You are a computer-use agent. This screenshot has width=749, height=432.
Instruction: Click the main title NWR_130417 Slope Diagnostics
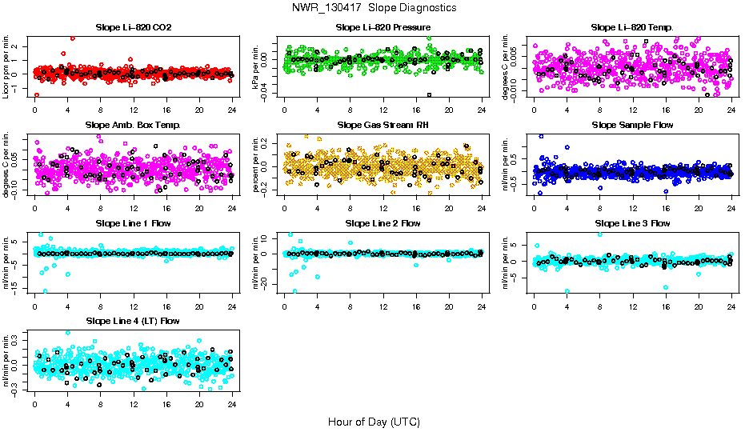[374, 7]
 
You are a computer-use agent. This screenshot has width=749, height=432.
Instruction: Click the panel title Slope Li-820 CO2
[133, 27]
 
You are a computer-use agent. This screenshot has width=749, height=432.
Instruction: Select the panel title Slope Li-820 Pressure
[383, 27]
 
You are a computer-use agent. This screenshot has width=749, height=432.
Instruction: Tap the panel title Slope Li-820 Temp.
[632, 27]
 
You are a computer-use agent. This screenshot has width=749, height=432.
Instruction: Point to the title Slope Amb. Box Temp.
[133, 125]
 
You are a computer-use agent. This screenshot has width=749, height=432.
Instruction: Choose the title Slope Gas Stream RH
[383, 125]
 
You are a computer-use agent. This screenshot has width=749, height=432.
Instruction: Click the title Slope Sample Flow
[632, 125]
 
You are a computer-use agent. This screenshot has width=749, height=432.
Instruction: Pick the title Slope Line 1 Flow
[133, 223]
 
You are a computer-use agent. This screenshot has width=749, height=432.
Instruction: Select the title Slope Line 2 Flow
[383, 223]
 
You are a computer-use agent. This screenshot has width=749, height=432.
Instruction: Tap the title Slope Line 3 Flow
[632, 223]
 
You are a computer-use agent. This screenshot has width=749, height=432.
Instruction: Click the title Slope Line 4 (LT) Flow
[133, 321]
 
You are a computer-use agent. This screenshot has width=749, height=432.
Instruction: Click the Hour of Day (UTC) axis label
[374, 421]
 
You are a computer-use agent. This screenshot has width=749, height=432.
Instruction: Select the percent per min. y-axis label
[257, 164]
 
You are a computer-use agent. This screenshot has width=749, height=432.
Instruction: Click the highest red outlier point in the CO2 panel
[73, 38]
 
